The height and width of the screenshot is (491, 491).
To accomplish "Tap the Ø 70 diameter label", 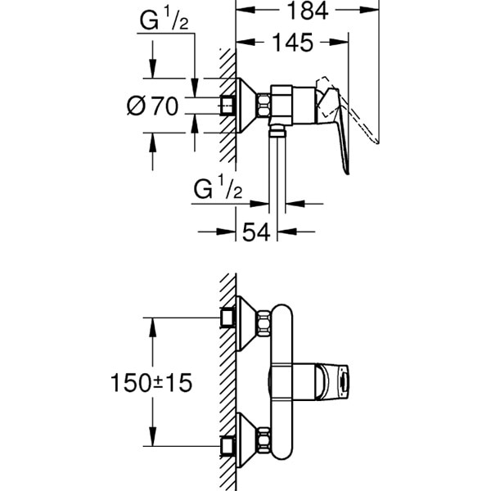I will (153, 106).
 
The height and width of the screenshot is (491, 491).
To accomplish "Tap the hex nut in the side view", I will (265, 105).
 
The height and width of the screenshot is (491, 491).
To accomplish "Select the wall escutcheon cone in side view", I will (245, 105).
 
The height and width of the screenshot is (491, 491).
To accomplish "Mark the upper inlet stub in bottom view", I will (228, 318).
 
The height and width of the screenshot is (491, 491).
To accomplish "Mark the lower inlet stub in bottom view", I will (228, 446).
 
